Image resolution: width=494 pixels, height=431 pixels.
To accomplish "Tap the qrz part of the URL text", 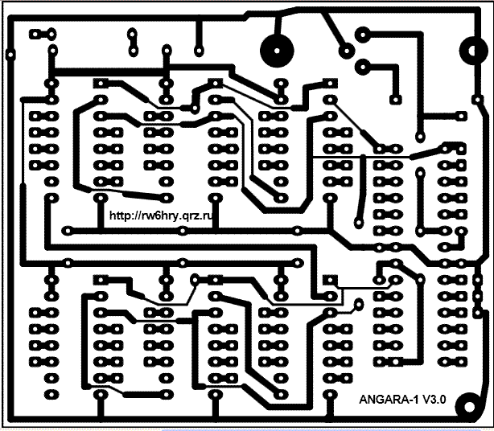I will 182,215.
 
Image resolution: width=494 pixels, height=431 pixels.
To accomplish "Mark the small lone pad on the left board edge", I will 10,53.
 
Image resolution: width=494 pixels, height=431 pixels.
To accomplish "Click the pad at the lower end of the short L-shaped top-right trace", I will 396,96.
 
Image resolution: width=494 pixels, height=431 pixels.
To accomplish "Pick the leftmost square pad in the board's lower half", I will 102,279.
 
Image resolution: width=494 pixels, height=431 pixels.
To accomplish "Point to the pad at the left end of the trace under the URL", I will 68,230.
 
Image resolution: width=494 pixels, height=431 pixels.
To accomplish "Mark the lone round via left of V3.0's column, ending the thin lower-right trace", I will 357,304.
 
